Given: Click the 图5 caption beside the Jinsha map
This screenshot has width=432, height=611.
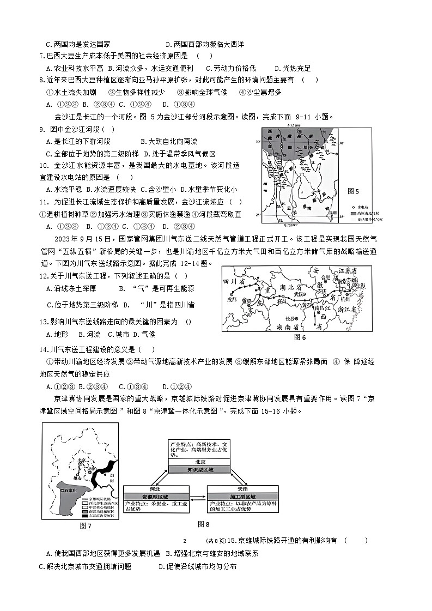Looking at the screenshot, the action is tap(354, 191).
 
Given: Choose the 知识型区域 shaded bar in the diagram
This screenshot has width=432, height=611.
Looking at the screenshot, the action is tap(201, 469).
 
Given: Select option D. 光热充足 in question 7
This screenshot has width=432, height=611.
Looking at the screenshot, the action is tap(293, 68).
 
